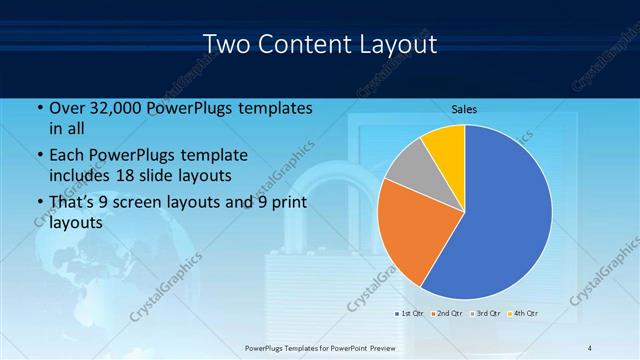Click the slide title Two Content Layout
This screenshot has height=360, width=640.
point(319,45)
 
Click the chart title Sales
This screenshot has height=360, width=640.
point(464,109)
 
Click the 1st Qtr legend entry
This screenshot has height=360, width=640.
point(409,314)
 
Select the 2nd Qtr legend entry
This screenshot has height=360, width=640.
point(446,314)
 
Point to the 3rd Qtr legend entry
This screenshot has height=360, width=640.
point(485,314)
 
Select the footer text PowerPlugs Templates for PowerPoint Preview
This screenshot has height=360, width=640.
point(320,347)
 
